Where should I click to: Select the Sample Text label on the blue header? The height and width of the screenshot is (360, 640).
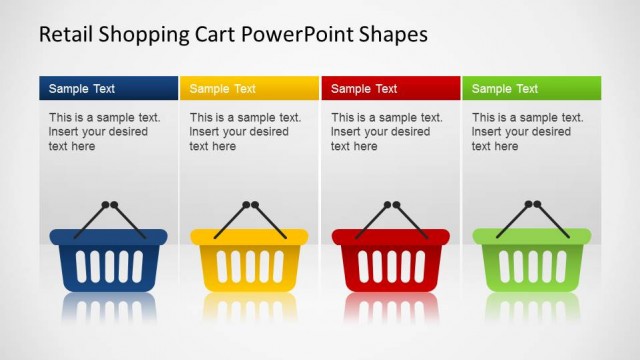pos(82,89)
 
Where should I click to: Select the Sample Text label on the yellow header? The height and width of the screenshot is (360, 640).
pos(222,89)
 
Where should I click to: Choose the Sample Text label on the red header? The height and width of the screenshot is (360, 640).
pos(364,89)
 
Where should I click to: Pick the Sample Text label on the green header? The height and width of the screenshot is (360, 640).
pos(505,89)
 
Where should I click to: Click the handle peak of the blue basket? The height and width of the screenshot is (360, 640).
pos(108,206)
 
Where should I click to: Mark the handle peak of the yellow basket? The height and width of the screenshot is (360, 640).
pos(249,206)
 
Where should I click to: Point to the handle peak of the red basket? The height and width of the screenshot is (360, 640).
pos(390,206)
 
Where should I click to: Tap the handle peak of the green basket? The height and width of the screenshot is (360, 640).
pos(531,206)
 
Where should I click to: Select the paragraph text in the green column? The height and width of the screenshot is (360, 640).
pos(527,132)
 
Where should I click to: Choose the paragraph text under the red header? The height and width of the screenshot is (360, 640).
pos(386,132)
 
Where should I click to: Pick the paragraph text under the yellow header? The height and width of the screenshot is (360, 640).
pos(245,132)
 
